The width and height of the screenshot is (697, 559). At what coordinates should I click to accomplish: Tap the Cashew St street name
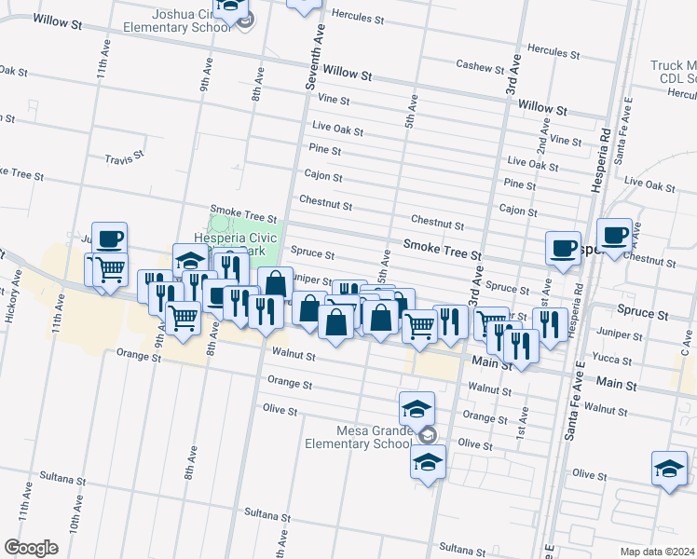480,64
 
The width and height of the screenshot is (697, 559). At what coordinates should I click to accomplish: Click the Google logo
31,547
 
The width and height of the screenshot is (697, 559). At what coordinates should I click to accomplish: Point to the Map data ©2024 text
657,551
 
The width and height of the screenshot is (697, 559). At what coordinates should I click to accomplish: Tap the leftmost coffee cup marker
109,237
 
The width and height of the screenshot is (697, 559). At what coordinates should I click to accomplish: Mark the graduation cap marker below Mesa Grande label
427,461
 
